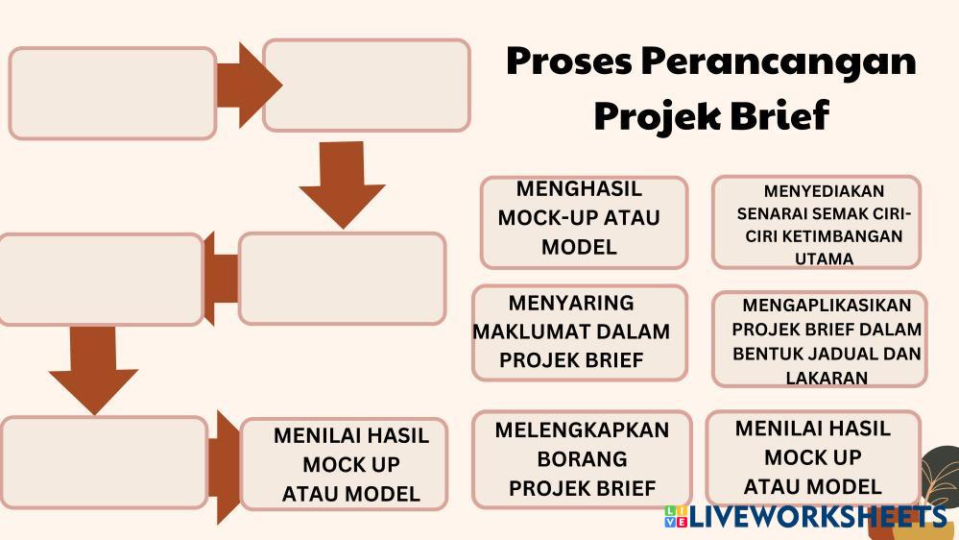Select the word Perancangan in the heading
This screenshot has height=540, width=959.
click(x=779, y=62)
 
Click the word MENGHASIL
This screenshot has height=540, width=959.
click(x=579, y=188)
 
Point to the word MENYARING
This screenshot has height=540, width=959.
click(x=571, y=304)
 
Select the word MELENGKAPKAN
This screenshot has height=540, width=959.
click(x=582, y=430)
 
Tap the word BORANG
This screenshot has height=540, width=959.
click(x=582, y=458)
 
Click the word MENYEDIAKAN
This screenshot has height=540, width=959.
click(x=824, y=191)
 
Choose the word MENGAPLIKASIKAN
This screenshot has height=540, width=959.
click(x=827, y=306)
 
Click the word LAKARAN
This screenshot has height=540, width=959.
click(x=827, y=378)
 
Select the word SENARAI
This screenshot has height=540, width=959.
click(x=764, y=213)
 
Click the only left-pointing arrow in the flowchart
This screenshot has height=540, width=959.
click(x=220, y=278)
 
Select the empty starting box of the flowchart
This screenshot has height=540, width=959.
click(x=113, y=93)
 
